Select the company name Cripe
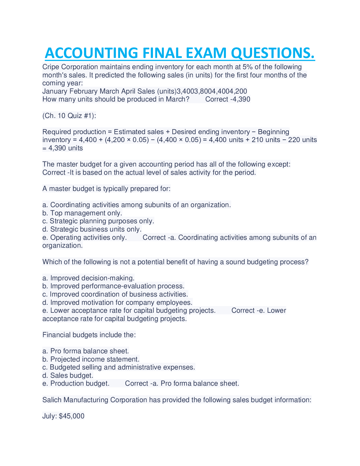(x=51, y=67)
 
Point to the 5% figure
(x=247, y=67)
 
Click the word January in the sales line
(x=55, y=91)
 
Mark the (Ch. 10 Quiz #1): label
(x=69, y=116)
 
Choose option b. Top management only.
(x=82, y=213)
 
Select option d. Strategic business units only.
(x=92, y=229)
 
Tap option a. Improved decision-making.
(x=88, y=278)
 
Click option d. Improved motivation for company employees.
(x=117, y=302)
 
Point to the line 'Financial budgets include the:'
(x=89, y=335)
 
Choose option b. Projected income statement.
(x=91, y=359)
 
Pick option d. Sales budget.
(x=68, y=375)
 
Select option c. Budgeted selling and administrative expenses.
(x=119, y=367)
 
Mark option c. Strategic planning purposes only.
(x=98, y=221)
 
